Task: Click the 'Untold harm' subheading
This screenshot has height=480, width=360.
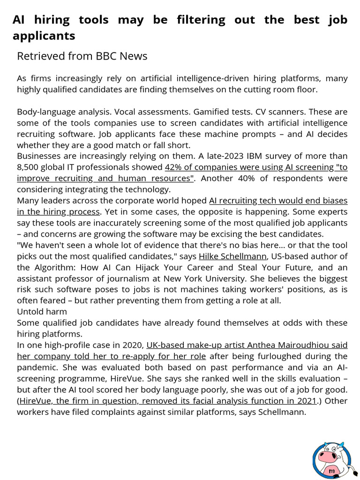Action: pos(42,312)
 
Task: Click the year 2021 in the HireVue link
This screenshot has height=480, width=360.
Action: pos(306,401)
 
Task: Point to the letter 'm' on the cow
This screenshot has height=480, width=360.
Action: pos(331,470)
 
